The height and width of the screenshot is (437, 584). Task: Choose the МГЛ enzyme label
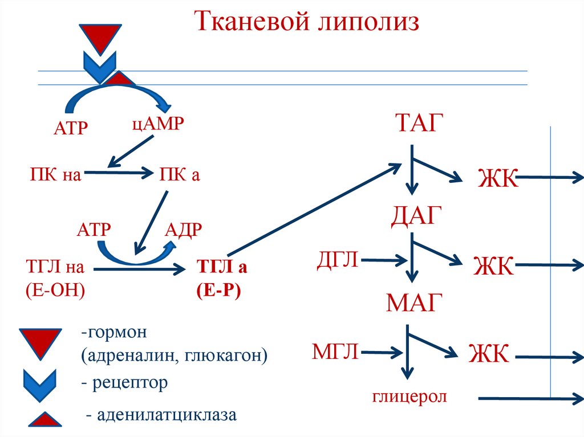pos(336,351)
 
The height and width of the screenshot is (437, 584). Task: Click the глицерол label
pos(409,397)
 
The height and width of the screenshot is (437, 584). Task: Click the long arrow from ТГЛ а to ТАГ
pos(314,211)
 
